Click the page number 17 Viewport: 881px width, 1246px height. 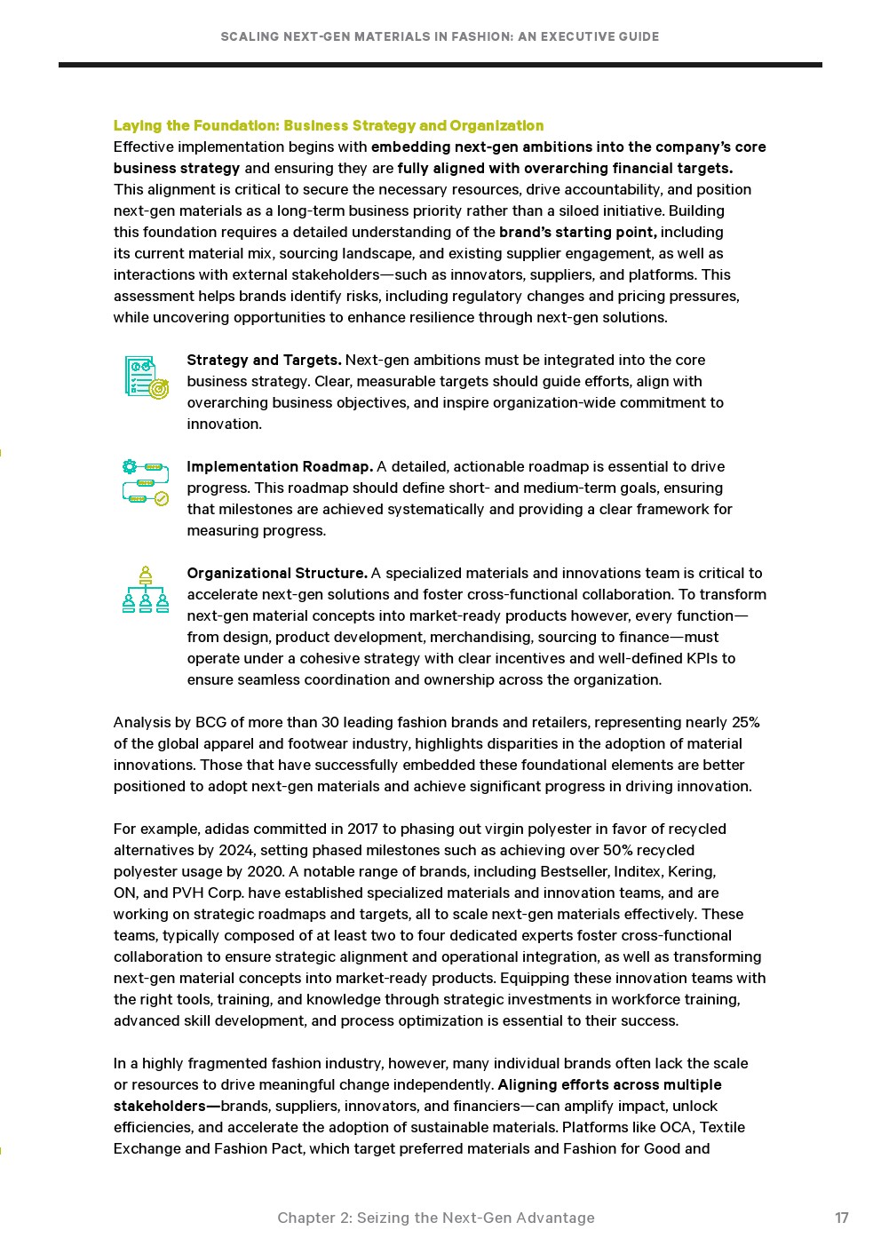click(x=841, y=1218)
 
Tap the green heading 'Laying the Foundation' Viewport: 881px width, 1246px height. click(x=328, y=125)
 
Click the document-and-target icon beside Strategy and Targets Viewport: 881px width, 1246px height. click(x=146, y=377)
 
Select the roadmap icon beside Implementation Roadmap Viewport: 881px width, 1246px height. click(x=146, y=482)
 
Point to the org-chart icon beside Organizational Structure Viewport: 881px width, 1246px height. click(x=146, y=590)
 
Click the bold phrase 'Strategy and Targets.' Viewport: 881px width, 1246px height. click(x=264, y=360)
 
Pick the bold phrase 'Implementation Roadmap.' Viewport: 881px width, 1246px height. click(x=279, y=466)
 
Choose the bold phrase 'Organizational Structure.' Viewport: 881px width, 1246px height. click(x=276, y=573)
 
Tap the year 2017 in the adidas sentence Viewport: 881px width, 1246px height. click(x=362, y=829)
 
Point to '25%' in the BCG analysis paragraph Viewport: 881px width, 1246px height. click(x=745, y=722)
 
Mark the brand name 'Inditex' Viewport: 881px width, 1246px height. click(x=638, y=871)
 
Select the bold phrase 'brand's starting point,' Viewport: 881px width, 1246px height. click(x=577, y=232)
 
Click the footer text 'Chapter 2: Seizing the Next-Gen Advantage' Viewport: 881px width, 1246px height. click(x=435, y=1218)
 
